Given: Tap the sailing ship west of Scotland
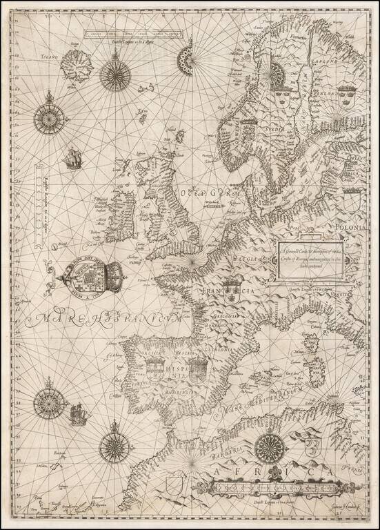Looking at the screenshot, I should (x=71, y=160).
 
